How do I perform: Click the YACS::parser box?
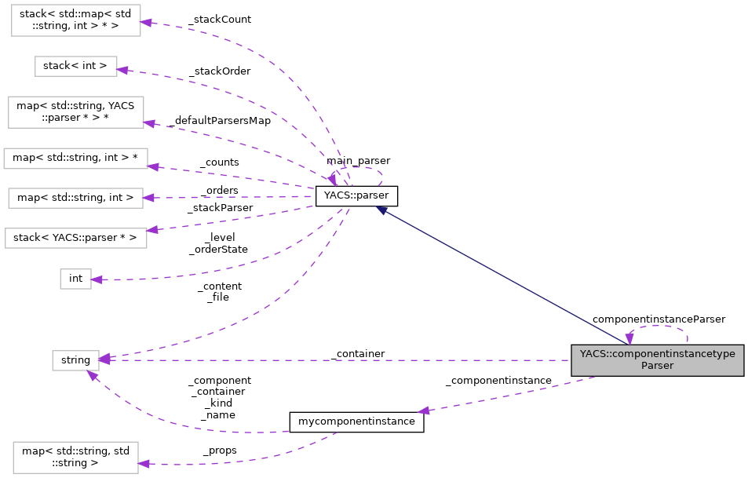356,196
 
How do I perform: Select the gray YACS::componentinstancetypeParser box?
657,359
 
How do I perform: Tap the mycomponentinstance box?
357,421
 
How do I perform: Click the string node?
75,360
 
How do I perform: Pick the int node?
75,278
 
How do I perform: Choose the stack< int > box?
75,66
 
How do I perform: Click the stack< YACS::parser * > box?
75,237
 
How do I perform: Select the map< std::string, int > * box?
75,158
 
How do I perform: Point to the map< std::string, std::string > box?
75,457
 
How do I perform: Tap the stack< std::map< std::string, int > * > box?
75,20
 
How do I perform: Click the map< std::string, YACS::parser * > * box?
75,112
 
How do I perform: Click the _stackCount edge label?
221,20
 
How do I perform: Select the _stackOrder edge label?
221,71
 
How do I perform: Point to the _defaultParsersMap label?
219,121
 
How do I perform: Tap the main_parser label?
358,161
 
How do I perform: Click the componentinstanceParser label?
658,319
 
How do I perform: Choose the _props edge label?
220,451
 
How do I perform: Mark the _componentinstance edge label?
498,381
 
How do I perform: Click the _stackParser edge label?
221,208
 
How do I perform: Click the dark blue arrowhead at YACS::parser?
381,210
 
